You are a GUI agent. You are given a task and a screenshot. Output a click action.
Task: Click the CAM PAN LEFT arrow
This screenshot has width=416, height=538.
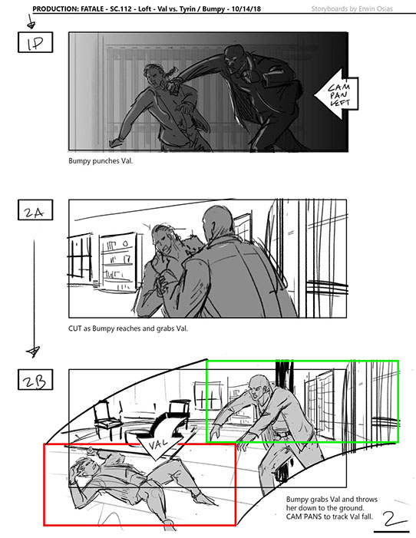[336, 94]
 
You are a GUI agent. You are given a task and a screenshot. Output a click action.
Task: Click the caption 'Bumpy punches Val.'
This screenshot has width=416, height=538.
[101, 161]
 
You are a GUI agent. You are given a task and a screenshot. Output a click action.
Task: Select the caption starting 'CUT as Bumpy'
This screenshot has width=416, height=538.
[128, 328]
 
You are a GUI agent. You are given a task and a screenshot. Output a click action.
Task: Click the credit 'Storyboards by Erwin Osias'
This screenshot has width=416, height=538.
[352, 9]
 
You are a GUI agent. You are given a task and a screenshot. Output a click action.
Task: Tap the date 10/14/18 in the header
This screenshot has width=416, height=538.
[246, 9]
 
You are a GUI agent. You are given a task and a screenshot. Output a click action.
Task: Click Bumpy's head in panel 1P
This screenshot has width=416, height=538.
[234, 58]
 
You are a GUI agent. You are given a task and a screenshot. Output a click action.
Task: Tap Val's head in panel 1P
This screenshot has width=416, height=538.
[154, 74]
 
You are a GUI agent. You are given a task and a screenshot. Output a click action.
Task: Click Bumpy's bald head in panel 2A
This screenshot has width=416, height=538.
[215, 220]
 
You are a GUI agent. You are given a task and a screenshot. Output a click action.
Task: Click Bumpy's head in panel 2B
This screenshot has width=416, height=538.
[259, 388]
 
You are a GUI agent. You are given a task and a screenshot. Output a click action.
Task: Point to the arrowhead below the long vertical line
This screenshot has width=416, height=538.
[33, 352]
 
